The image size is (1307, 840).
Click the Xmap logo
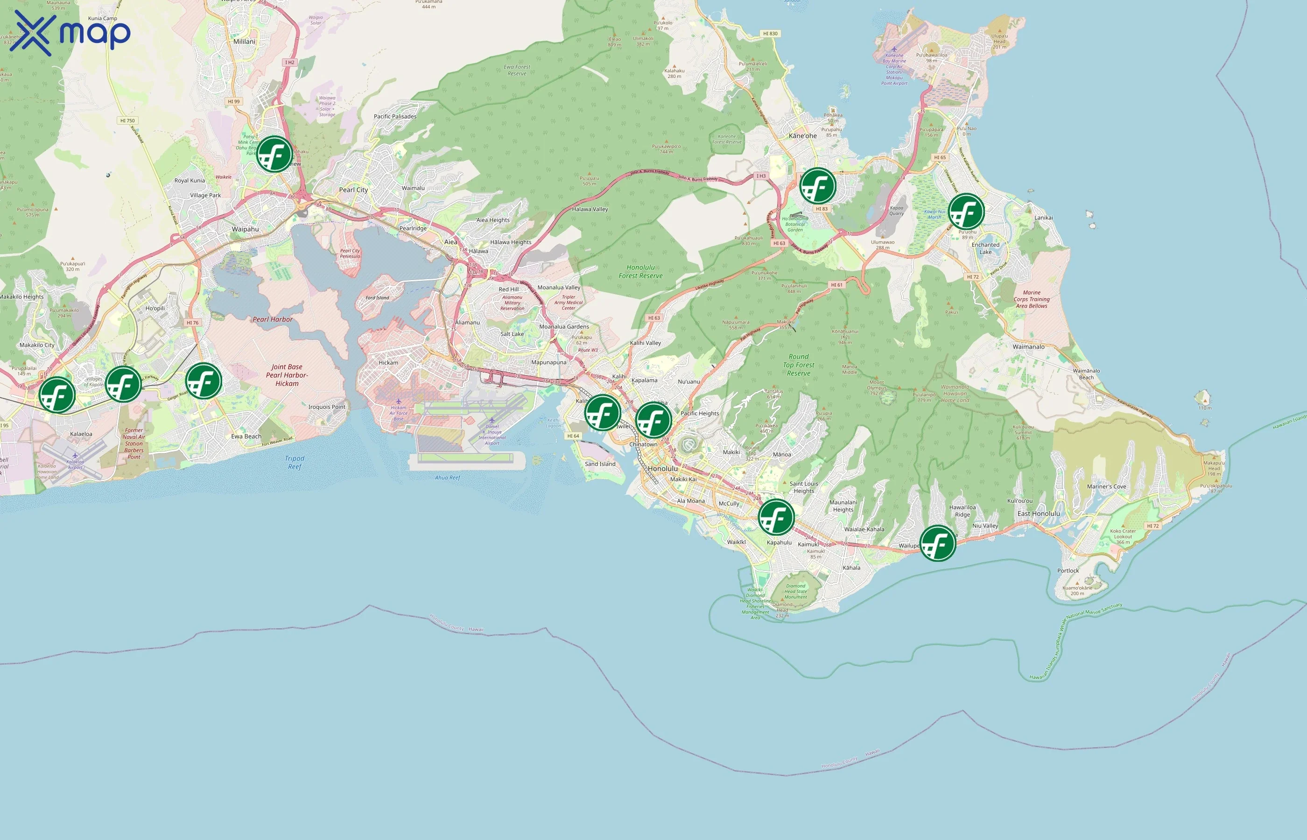point(70,33)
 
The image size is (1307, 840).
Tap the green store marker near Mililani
point(274,154)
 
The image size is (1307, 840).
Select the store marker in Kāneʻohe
point(818,186)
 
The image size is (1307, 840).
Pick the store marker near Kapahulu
point(776,517)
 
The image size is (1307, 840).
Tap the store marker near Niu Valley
point(937,543)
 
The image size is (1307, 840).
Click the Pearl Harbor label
point(272,320)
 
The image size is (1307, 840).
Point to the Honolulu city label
point(663,469)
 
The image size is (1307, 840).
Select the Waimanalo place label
point(1028,347)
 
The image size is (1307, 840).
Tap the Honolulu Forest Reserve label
point(640,272)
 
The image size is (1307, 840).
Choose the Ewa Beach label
point(246,436)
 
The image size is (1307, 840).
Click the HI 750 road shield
point(127,120)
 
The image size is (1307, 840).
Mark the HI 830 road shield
point(770,34)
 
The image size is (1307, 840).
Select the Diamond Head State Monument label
point(795,591)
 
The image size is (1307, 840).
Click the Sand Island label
point(599,464)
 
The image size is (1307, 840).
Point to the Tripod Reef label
point(295,462)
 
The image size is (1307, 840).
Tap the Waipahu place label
point(245,229)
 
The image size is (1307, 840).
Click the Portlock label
point(1068,571)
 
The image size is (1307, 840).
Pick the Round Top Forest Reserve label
point(798,365)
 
